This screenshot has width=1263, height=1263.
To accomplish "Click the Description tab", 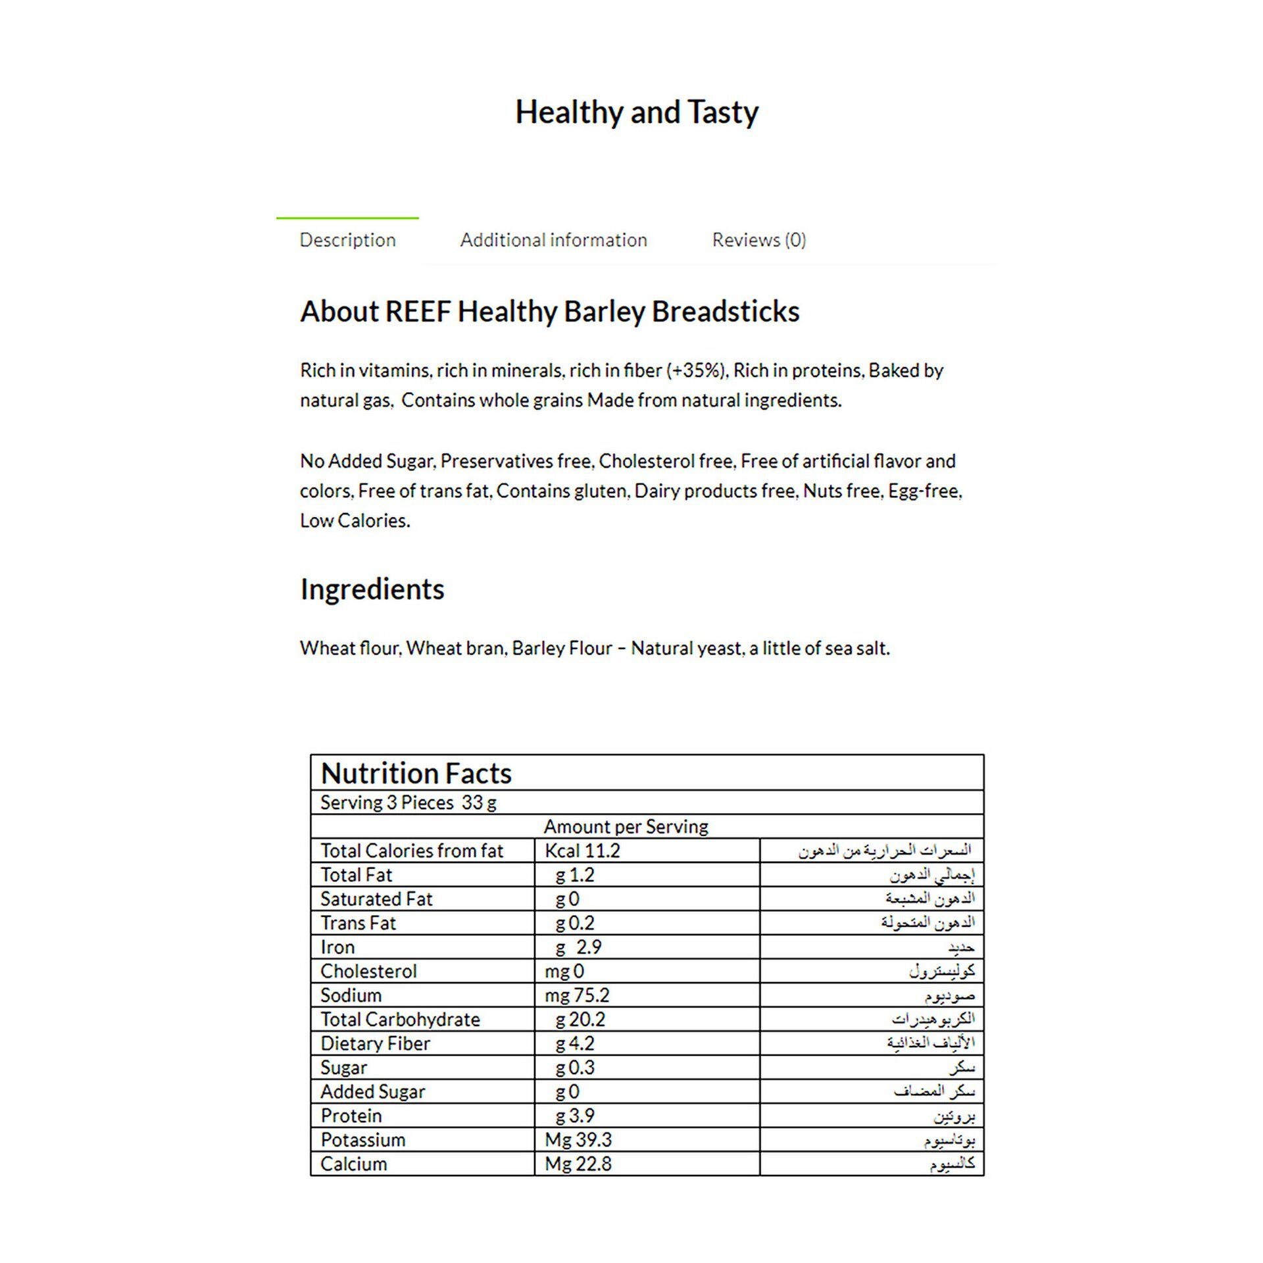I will [347, 240].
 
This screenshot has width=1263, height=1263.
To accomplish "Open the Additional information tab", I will [553, 240].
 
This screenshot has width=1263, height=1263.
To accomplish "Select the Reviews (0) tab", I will [758, 240].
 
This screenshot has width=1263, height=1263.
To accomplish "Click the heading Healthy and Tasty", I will [636, 112].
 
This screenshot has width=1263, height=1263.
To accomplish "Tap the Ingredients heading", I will [372, 589].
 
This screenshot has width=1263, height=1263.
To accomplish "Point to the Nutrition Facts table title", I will [416, 774].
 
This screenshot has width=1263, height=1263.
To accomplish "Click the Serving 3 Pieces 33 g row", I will [408, 803].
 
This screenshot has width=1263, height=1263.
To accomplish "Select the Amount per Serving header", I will [626, 827].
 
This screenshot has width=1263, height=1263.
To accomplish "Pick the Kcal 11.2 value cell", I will [582, 851].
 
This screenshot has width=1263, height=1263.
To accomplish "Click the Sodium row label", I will [351, 995].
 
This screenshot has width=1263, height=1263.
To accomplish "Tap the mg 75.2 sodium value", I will [577, 995].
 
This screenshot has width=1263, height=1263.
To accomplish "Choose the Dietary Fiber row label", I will [375, 1043].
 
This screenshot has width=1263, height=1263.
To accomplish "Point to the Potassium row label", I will [362, 1140].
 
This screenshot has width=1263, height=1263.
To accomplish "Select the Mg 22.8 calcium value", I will [578, 1164].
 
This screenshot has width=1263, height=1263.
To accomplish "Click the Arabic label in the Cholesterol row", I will [942, 971].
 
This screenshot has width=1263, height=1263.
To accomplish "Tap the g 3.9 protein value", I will [574, 1116].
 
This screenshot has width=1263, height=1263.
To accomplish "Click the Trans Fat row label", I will [358, 923].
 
